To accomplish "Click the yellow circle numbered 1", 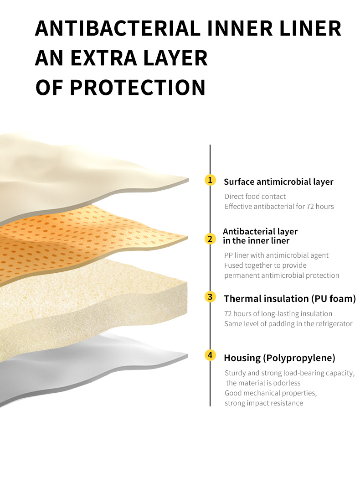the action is [x=210, y=180].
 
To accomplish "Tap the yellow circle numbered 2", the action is [x=210, y=239].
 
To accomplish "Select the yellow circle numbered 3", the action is [x=210, y=297].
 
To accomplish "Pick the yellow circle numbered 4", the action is [x=210, y=355].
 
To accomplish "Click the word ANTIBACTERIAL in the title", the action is [x=118, y=28].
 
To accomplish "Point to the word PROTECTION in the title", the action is [x=137, y=88].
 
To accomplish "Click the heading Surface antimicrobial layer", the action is [x=278, y=182].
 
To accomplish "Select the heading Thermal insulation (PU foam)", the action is [x=290, y=298].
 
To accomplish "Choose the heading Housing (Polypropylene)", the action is [x=279, y=358].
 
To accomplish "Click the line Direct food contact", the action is [x=255, y=196].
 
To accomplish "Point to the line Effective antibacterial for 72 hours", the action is [x=279, y=207].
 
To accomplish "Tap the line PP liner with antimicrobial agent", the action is [x=276, y=255].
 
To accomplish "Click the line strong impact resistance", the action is [x=264, y=403].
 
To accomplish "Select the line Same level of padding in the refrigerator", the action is [x=288, y=324].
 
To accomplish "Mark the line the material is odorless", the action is [x=263, y=383].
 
